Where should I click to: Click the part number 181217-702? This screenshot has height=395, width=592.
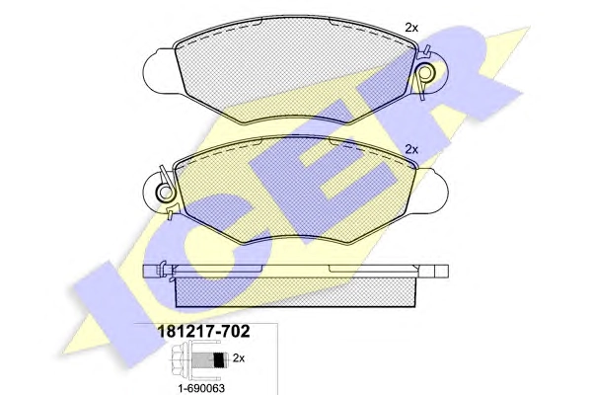203,332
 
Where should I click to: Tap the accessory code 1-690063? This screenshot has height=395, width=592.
201,388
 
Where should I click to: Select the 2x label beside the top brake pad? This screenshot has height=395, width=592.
411,28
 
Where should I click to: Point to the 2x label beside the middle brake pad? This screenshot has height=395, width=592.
411,150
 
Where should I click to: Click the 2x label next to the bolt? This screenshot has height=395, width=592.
239,357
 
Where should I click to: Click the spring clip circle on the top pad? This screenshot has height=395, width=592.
426,73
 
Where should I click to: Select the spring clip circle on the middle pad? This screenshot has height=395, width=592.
166,193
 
